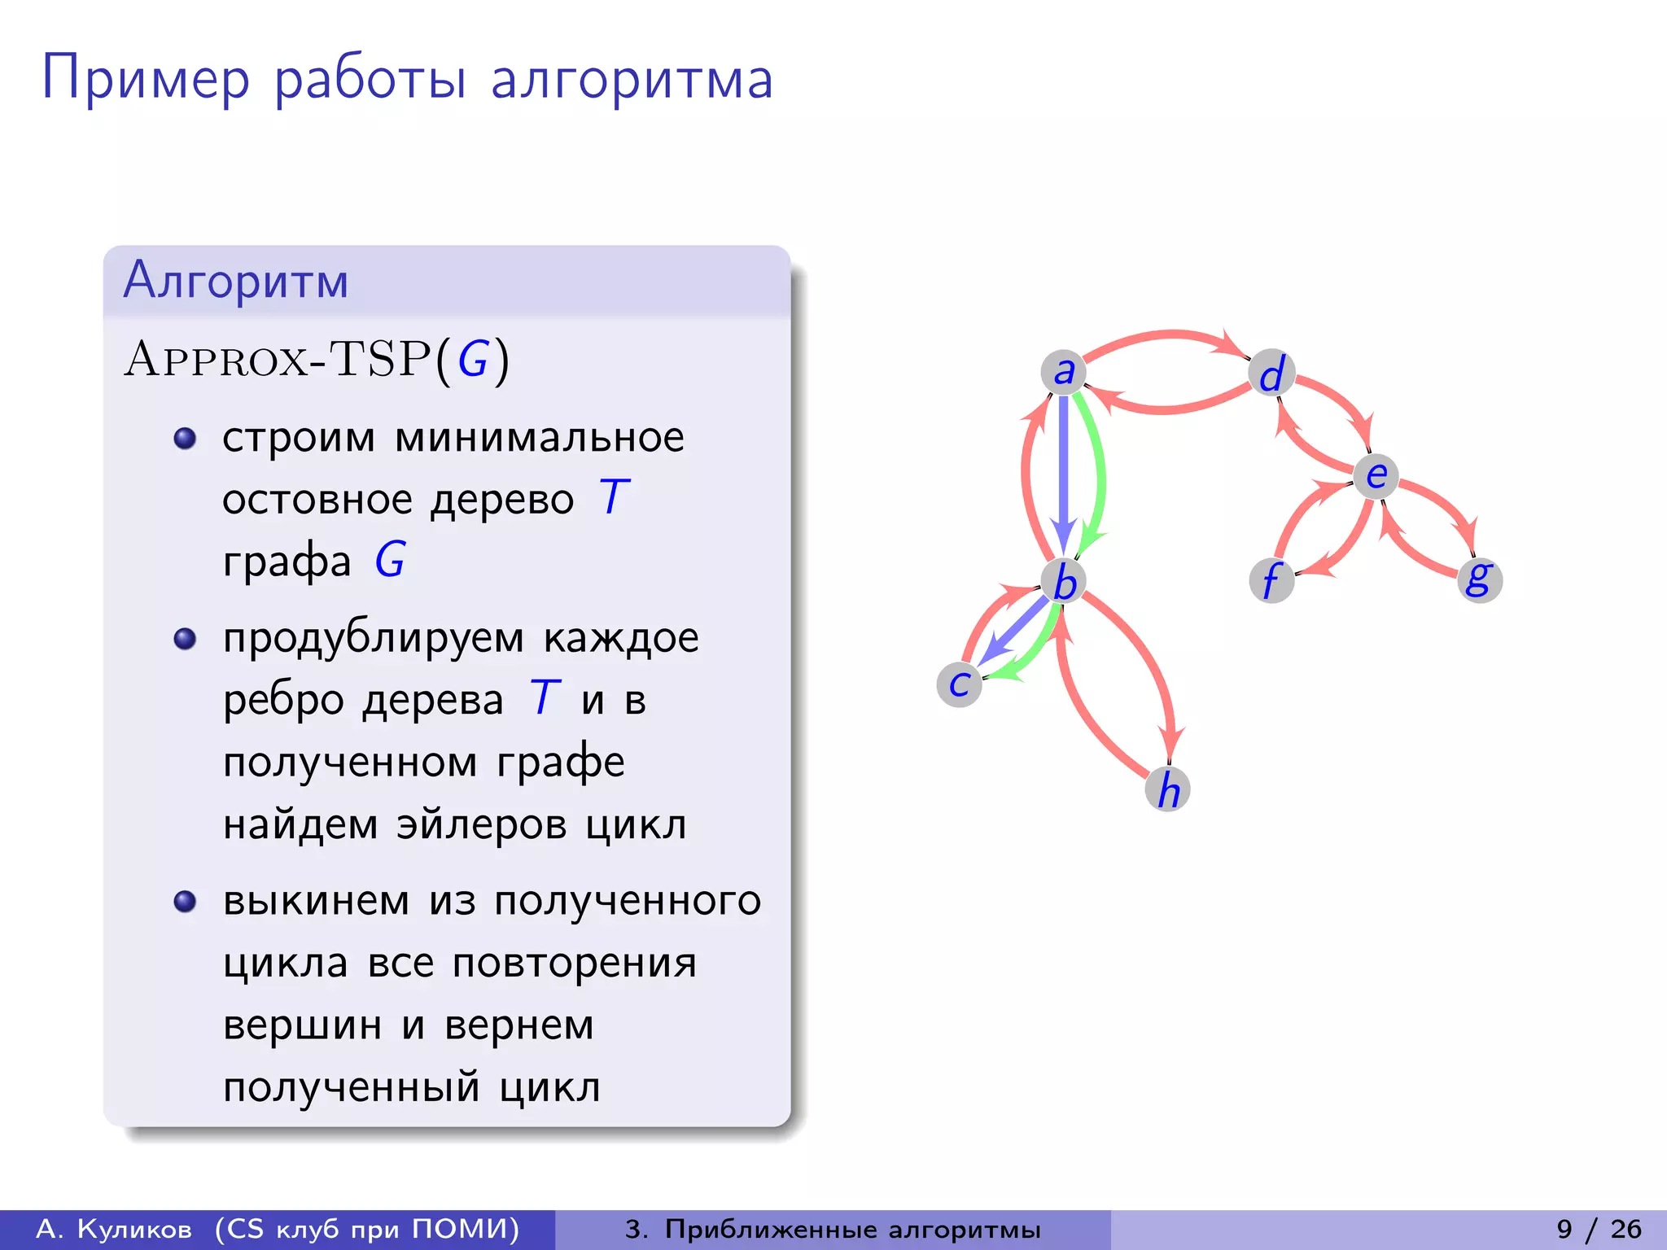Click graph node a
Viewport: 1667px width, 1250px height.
coord(1063,373)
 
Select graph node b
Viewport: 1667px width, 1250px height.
coord(1064,582)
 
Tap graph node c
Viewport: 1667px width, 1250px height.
coord(960,684)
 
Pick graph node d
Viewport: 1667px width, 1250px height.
coord(1271,374)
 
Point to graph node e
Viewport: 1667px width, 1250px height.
coord(1376,476)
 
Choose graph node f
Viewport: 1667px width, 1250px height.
coord(1271,580)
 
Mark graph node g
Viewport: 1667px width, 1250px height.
coord(1479,579)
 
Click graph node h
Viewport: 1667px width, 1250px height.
coord(1168,789)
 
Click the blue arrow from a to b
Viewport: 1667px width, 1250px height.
coord(1063,472)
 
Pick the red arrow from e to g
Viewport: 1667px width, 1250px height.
coord(1441,500)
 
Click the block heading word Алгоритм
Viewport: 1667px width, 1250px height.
coord(236,281)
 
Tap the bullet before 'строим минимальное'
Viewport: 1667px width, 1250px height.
coord(186,439)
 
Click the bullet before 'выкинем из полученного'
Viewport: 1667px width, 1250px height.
coord(186,902)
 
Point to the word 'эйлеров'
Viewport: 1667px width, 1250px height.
coord(481,824)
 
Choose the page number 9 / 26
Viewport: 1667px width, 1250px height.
coord(1599,1229)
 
